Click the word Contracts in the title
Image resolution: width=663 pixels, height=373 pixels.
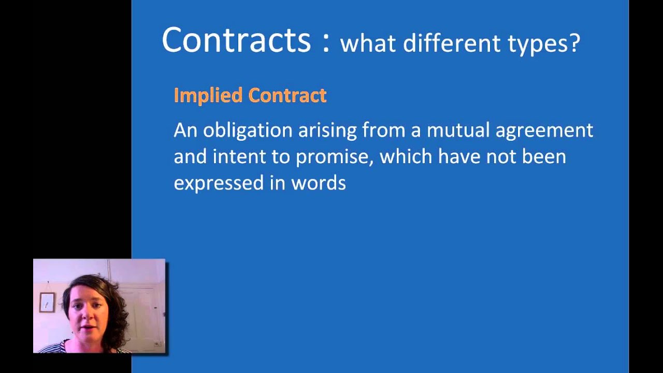coord(236,40)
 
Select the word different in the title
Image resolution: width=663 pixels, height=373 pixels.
coord(452,44)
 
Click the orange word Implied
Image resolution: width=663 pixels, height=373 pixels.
coord(208,95)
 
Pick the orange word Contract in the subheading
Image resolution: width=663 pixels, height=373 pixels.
coord(287,95)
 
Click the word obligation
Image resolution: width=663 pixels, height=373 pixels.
coord(248,131)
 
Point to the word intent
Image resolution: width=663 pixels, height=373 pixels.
coord(240,156)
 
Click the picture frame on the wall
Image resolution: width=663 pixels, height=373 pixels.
coord(47,302)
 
